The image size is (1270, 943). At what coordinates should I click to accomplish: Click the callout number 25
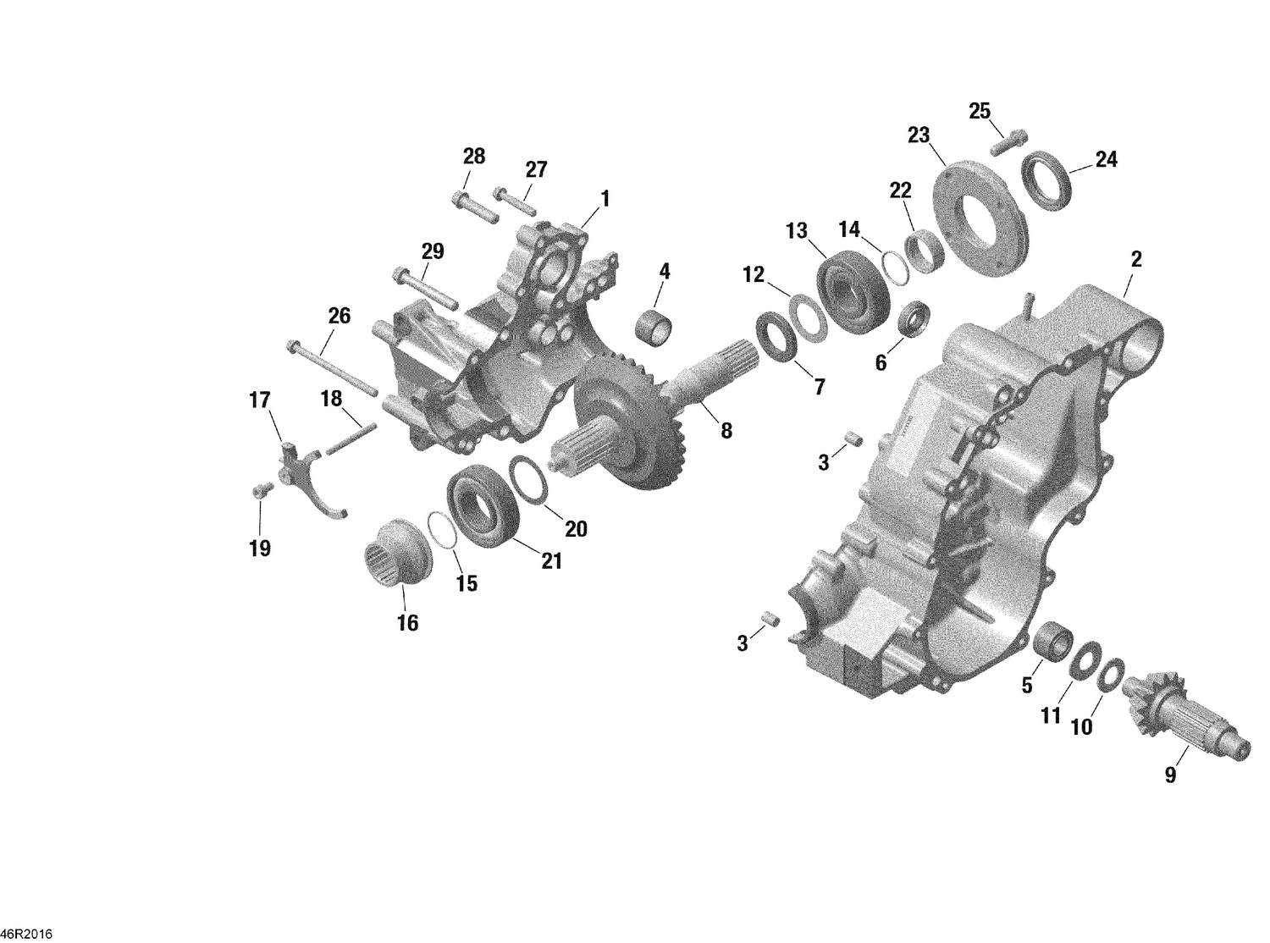coord(980,111)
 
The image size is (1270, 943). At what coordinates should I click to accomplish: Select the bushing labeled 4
coord(654,323)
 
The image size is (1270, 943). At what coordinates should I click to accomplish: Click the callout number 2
coord(1136,260)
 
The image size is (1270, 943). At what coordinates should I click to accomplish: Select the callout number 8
coord(726,430)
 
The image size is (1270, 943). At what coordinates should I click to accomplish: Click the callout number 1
coord(605,198)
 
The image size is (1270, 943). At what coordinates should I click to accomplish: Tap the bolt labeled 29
coord(424,287)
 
